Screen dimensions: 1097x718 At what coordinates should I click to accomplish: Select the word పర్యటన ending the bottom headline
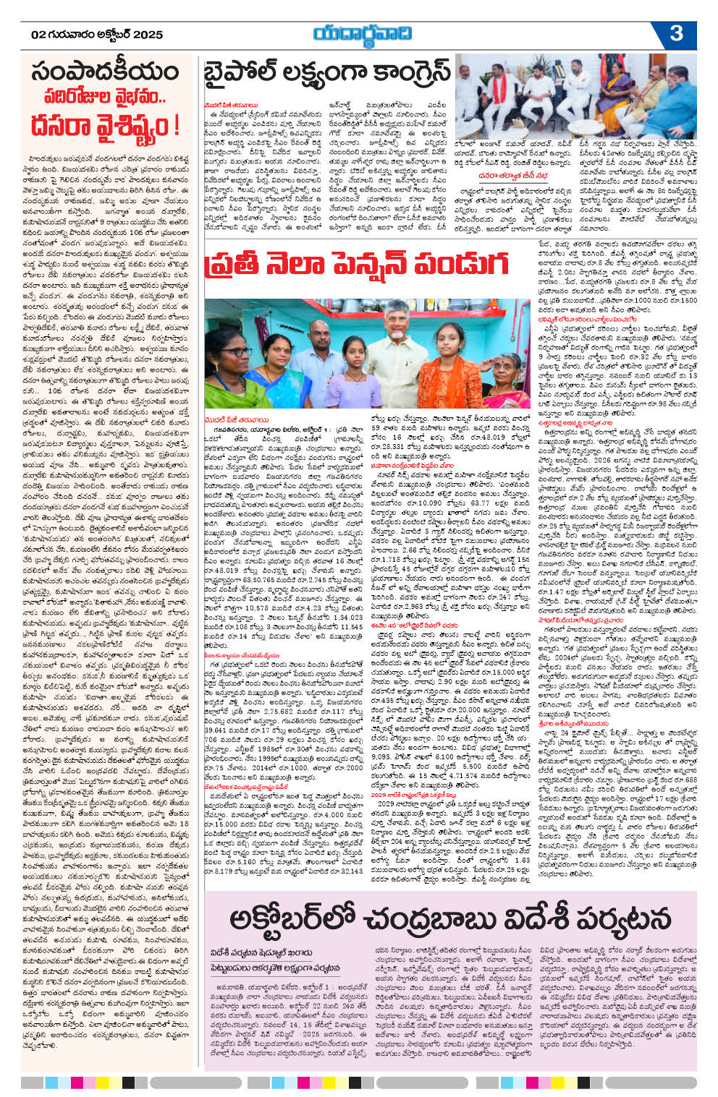pyautogui.click(x=622, y=919)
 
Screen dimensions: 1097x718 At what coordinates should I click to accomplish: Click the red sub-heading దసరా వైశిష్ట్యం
pyautogui.click(x=105, y=124)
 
